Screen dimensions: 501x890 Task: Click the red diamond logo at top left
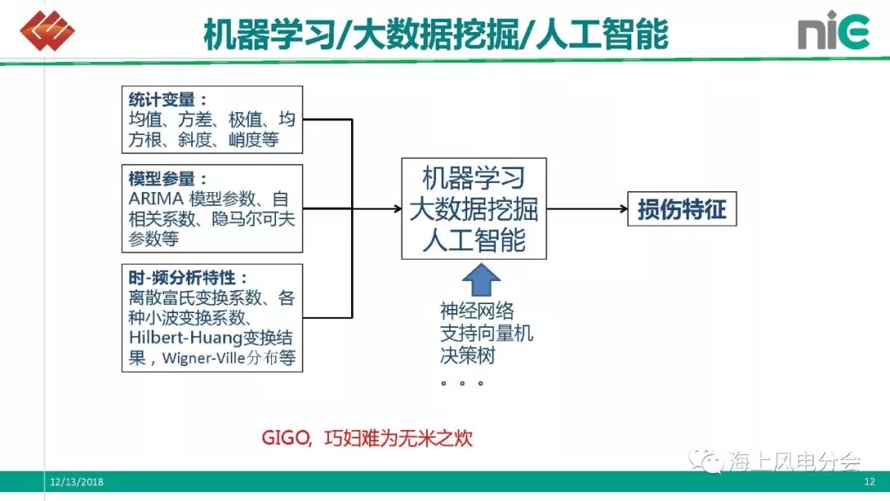(47, 30)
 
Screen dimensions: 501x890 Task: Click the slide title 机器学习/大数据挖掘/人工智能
(436, 34)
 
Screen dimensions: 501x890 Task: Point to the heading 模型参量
(162, 179)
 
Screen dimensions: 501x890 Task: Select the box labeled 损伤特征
(682, 209)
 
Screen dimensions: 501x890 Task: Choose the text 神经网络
(477, 311)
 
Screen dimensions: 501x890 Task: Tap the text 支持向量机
(486, 333)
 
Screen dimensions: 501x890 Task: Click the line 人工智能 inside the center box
(474, 240)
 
